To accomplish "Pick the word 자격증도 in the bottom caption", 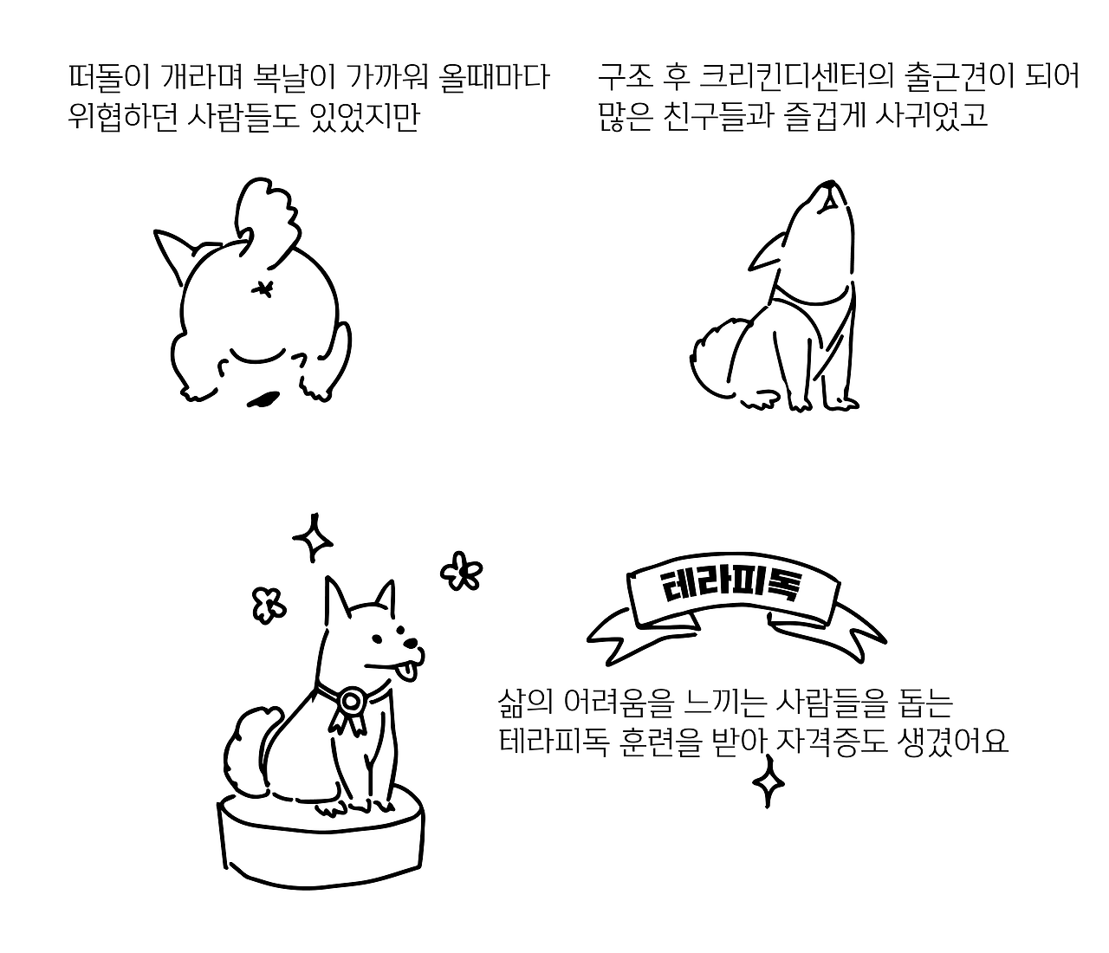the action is pos(828,742).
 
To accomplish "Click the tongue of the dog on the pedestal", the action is pos(409,671).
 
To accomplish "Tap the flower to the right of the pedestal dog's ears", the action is pos(461,571).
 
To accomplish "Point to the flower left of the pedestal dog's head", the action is pos(269,606).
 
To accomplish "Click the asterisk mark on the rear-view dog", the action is pos(263,289).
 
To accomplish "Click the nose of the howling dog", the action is pos(830,185).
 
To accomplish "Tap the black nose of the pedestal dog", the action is pos(411,643).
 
